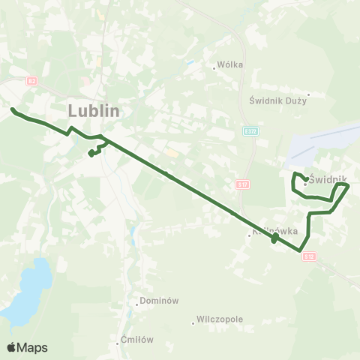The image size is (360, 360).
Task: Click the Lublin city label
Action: [94, 109]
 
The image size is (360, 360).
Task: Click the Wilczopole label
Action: [220, 319]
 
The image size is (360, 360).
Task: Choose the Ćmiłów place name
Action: [137, 339]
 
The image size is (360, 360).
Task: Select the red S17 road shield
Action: [241, 184]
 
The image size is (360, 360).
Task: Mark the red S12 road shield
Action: [310, 256]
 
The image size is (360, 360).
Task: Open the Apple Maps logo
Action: [27, 347]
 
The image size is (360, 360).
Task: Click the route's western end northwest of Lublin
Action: [13, 110]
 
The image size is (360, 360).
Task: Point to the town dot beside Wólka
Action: [214, 68]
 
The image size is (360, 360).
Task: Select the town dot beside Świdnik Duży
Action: [308, 94]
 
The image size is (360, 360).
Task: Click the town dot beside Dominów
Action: [137, 304]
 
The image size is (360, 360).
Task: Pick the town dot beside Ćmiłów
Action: [118, 343]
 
